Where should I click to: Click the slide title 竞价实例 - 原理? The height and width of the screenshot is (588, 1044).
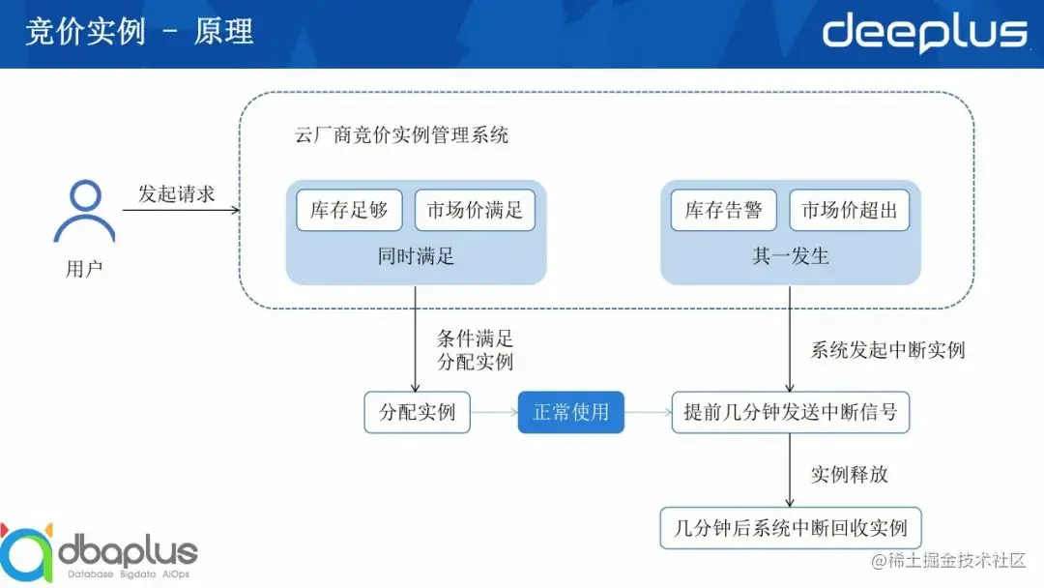click(139, 31)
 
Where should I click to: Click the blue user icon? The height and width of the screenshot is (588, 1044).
click(84, 212)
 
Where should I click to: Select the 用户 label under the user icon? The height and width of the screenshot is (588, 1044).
click(84, 269)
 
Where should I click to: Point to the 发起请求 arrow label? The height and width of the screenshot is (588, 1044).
click(176, 193)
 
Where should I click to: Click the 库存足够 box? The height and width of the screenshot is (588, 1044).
click(349, 210)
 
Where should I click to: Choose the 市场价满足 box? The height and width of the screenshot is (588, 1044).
click(475, 210)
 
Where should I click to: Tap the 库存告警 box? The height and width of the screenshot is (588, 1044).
click(724, 210)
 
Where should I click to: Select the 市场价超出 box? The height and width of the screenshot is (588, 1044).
click(850, 210)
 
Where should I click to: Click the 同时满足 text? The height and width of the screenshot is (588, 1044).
click(416, 256)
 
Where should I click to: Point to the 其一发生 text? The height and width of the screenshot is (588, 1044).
click(791, 256)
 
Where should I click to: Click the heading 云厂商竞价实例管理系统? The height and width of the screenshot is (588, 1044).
click(401, 135)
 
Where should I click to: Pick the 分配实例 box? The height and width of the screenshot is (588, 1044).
click(417, 412)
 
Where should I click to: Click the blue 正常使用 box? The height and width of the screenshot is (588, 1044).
click(571, 412)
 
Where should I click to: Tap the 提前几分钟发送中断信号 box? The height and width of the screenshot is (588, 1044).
click(791, 412)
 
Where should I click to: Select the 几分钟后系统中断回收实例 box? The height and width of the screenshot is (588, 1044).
click(791, 528)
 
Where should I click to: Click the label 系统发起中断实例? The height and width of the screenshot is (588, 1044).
click(887, 350)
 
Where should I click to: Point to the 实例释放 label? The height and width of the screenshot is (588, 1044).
click(849, 474)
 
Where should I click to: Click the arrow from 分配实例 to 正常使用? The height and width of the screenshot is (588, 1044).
click(493, 412)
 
